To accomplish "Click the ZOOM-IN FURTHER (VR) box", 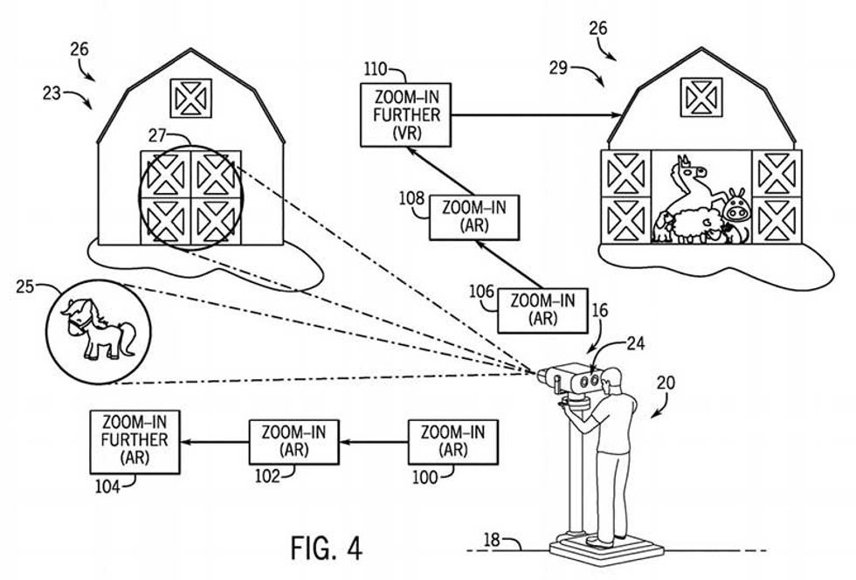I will point(405,115).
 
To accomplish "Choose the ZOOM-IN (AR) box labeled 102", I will point(293,441).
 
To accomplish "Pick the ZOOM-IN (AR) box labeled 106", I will point(542,310).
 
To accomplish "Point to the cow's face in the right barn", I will point(734,210).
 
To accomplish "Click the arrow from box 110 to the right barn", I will point(536,115).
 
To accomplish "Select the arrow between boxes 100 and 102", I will point(374,441).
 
